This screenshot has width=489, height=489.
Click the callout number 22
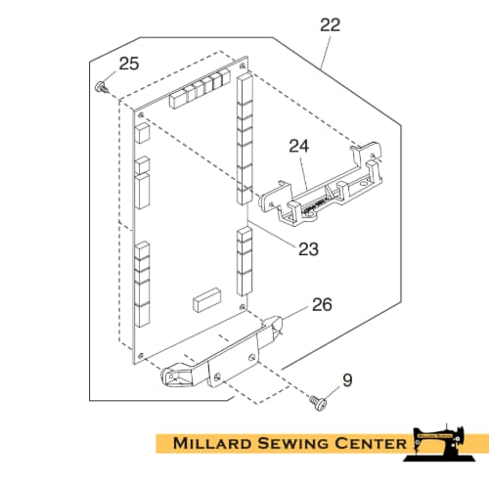pyautogui.click(x=330, y=24)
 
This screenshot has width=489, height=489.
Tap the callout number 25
pyautogui.click(x=129, y=64)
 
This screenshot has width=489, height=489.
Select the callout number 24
pyautogui.click(x=299, y=146)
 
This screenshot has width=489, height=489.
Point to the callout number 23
pyautogui.click(x=308, y=249)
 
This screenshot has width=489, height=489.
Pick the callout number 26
pyautogui.click(x=322, y=304)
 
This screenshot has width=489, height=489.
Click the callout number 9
pyautogui.click(x=347, y=380)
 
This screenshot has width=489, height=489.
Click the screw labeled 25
pyautogui.click(x=102, y=88)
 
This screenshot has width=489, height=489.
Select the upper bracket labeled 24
pyautogui.click(x=321, y=184)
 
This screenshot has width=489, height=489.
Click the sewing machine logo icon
pyautogui.click(x=439, y=442)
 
